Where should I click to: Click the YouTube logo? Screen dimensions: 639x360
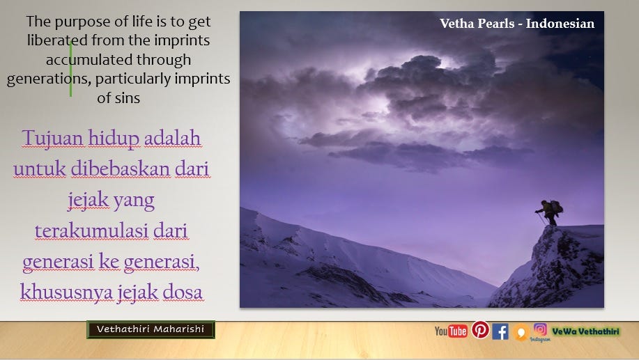pyautogui.click(x=451, y=331)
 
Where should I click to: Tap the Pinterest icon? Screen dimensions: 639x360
pyautogui.click(x=481, y=329)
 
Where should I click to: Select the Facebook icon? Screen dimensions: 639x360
pyautogui.click(x=500, y=331)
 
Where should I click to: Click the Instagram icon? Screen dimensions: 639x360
pyautogui.click(x=540, y=329)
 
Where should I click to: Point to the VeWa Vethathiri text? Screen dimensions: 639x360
pyautogui.click(x=585, y=331)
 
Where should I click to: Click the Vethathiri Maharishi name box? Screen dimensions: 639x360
pyautogui.click(x=151, y=329)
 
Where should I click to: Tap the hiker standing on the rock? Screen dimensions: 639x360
pyautogui.click(x=550, y=212)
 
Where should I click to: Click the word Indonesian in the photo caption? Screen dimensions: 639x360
pyautogui.click(x=560, y=23)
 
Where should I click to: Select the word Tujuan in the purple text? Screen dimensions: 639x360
pyautogui.click(x=52, y=138)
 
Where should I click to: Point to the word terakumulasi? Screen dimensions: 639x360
pyautogui.click(x=92, y=231)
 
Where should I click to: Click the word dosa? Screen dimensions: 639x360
pyautogui.click(x=182, y=292)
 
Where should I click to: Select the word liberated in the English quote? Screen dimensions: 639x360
pyautogui.click(x=57, y=40)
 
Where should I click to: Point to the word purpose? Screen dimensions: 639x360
pyautogui.click(x=85, y=22)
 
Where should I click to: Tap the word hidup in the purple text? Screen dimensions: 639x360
pyautogui.click(x=114, y=139)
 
